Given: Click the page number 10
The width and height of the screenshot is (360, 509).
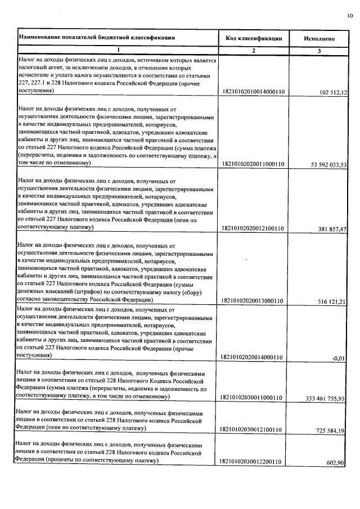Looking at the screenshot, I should point(350,16).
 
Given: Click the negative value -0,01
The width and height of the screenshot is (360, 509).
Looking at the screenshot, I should point(340,357).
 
